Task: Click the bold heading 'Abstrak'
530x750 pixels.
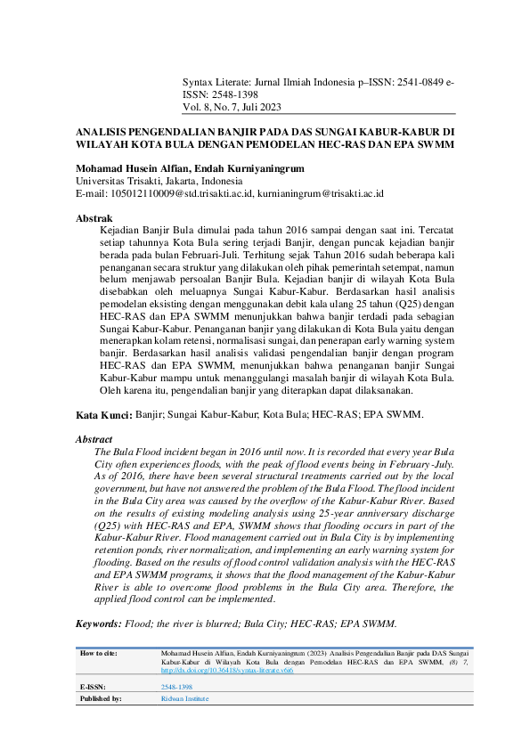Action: click(x=94, y=217)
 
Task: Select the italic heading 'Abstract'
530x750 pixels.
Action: click(x=94, y=440)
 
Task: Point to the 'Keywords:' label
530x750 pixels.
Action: click(x=99, y=624)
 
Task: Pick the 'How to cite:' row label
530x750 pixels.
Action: click(x=98, y=654)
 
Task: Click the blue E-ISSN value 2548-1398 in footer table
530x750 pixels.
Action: click(x=175, y=689)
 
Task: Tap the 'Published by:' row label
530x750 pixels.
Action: click(x=101, y=699)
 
